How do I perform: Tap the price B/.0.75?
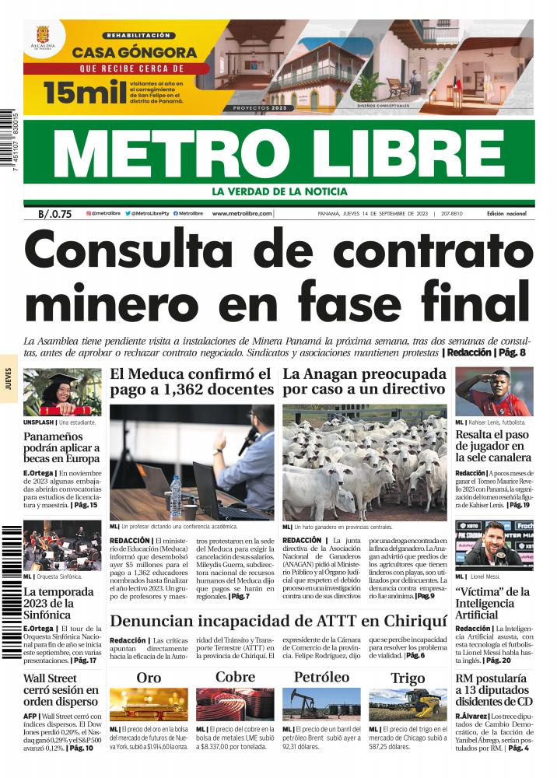(x=54, y=214)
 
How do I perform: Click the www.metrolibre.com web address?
(x=241, y=213)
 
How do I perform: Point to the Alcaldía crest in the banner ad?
(x=43, y=38)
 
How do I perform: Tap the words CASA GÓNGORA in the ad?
(x=135, y=54)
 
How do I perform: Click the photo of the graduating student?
(x=61, y=393)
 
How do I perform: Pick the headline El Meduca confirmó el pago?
(x=191, y=381)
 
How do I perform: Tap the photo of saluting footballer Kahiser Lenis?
(x=494, y=392)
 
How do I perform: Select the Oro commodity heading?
(x=149, y=677)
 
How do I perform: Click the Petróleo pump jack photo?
(x=321, y=703)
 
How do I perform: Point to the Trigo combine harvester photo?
(x=408, y=703)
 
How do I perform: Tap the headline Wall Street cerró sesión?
(x=61, y=690)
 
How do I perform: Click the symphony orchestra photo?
(x=61, y=546)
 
